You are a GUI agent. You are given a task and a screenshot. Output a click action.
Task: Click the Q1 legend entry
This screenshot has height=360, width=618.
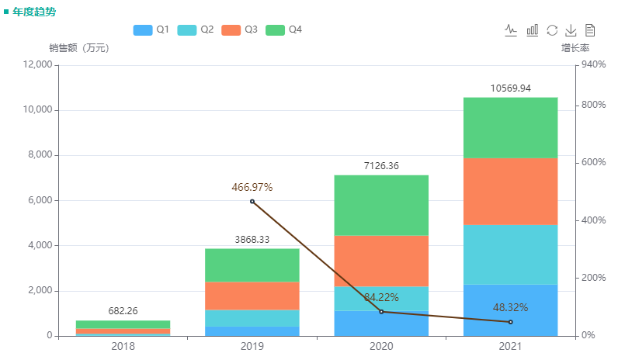coord(151,29)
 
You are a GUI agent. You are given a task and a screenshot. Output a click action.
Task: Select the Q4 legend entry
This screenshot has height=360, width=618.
coord(283,29)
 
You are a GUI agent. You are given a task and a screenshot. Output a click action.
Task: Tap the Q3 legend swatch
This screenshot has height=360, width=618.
coord(231,29)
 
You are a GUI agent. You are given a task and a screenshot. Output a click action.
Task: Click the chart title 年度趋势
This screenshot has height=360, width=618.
coord(34,12)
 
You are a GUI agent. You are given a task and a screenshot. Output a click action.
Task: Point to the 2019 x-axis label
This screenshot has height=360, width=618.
coord(252,346)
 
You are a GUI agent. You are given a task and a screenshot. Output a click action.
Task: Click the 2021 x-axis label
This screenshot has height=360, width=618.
coord(510,346)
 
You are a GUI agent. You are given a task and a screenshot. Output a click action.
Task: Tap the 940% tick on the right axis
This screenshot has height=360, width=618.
coord(593,65)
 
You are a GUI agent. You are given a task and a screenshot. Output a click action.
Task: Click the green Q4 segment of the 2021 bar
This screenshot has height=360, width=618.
coord(510,127)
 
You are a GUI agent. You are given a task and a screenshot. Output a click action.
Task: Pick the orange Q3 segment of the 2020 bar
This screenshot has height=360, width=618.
coord(381,261)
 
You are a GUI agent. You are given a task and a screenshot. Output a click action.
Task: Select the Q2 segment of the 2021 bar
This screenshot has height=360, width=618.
coord(510,254)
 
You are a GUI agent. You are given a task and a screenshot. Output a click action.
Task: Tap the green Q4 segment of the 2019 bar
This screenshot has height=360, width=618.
coord(252,265)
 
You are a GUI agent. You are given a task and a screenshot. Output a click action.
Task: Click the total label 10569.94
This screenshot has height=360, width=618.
coord(510,88)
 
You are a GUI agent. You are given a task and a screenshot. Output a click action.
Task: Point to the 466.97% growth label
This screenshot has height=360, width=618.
coord(252,187)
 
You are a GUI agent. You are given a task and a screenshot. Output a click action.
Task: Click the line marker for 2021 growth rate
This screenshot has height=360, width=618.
coord(510,322)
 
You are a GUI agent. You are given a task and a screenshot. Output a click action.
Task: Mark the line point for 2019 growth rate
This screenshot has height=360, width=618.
coord(252,202)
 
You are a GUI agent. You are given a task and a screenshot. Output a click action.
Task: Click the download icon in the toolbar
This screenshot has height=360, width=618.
coord(571,30)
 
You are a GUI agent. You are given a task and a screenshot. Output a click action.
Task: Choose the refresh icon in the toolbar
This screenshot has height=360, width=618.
coord(552,30)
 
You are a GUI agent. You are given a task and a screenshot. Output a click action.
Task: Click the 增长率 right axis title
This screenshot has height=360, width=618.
coord(575,48)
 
